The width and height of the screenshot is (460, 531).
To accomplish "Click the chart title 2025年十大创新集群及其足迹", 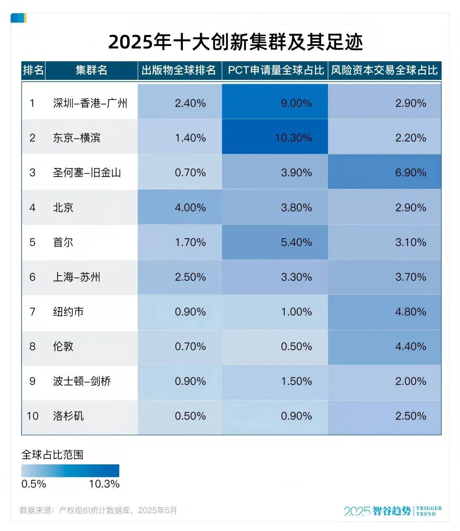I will click(235, 42).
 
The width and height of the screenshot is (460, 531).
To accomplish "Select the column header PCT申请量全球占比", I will click(276, 70).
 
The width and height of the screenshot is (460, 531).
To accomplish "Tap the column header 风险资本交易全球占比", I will click(384, 70).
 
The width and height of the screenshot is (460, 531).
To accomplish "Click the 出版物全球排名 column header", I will click(178, 70).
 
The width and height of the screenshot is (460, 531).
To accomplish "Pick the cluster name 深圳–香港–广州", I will click(90, 103).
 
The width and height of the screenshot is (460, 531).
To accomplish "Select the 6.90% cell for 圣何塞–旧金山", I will click(410, 173).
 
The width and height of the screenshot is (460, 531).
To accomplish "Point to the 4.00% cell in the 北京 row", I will click(190, 208).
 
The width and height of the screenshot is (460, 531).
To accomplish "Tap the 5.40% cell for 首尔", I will click(296, 243).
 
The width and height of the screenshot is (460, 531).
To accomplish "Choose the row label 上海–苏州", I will click(77, 277).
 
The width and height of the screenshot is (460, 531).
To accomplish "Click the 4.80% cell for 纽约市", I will click(410, 312).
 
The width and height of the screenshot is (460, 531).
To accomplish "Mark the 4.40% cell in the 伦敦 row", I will click(410, 347).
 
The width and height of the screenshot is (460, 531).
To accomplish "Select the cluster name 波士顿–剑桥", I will click(82, 381).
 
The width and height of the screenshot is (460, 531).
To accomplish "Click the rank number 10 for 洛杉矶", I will click(32, 416).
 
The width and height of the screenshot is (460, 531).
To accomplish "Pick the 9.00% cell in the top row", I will click(296, 103).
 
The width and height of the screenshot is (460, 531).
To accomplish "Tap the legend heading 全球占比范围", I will click(52, 455).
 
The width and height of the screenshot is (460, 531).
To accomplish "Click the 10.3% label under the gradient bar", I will click(104, 484).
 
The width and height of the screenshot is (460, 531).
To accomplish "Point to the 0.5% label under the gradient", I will click(34, 484).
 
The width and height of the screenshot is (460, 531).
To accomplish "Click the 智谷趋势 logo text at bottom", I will click(392, 511).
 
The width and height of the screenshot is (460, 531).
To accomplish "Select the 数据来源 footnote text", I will click(98, 510).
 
